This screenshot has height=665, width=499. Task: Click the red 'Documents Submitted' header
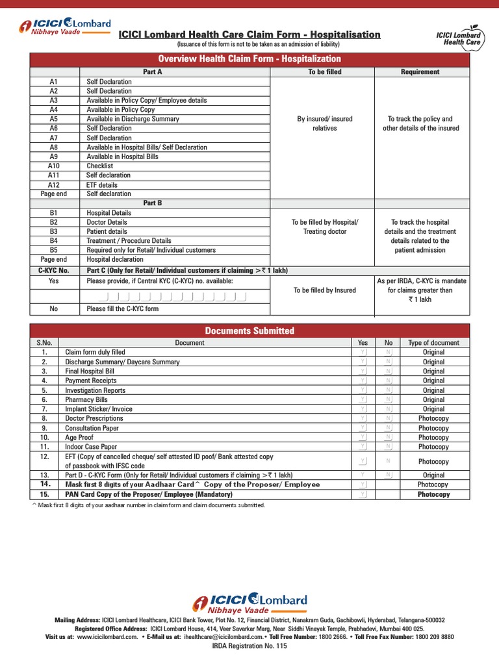[249, 331]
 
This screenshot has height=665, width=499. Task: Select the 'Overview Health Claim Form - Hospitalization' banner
[249, 59]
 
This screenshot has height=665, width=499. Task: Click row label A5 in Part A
[53, 119]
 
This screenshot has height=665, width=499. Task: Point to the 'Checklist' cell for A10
[99, 166]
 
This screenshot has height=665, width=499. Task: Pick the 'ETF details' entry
[102, 184]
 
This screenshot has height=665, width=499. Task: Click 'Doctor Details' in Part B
[107, 222]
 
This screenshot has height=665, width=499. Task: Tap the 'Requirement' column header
[420, 72]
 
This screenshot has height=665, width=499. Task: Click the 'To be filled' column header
[324, 72]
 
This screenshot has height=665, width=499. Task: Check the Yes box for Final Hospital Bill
[363, 371]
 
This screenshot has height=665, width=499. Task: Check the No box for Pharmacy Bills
[389, 400]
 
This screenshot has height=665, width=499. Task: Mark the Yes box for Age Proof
[363, 438]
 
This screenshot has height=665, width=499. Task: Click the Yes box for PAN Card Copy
[363, 495]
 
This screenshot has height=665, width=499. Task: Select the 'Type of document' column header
[433, 343]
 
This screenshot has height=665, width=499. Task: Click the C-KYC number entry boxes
[166, 297]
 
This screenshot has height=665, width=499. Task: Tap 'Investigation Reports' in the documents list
[95, 390]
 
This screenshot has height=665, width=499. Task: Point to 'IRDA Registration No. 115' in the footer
[249, 646]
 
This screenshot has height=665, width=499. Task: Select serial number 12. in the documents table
[45, 457]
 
